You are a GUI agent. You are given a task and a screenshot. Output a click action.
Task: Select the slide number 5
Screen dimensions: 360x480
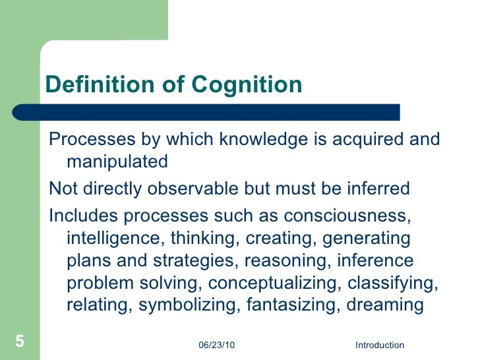pyautogui.click(x=19, y=342)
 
